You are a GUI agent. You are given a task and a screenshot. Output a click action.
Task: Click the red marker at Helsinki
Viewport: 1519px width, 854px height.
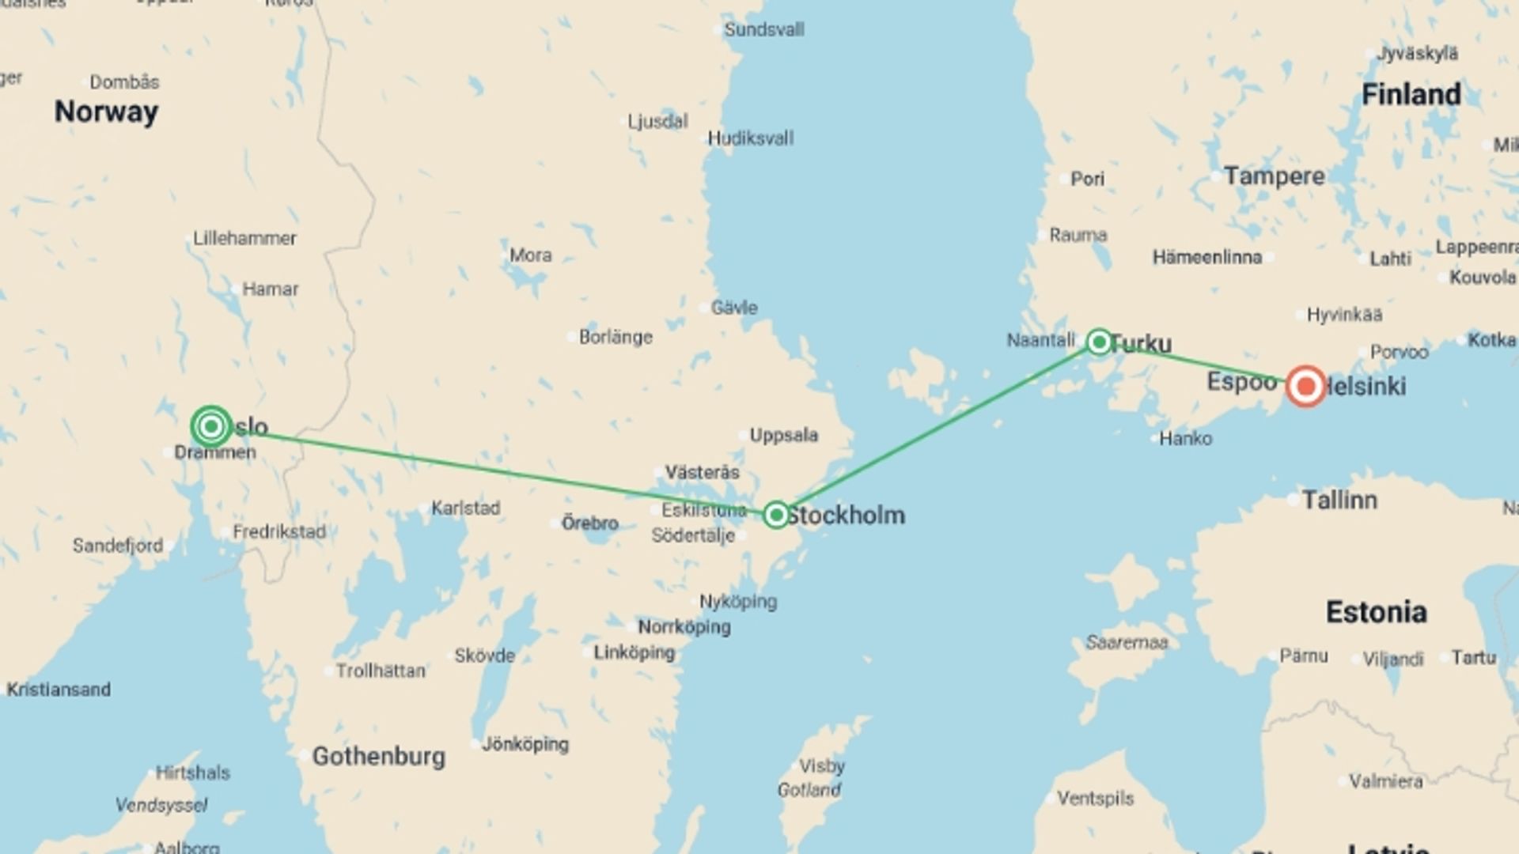[x=1305, y=387]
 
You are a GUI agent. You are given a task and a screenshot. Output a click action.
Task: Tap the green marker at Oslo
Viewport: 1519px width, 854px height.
[x=211, y=427]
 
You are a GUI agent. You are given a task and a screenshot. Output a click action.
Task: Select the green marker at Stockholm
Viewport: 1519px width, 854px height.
[x=776, y=516]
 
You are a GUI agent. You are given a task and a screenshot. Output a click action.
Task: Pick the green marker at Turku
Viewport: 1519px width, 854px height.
[x=1099, y=342]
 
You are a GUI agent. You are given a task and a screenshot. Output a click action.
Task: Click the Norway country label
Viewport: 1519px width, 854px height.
[x=106, y=111]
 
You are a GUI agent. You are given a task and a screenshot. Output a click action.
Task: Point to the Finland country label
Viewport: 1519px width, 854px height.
[x=1411, y=95]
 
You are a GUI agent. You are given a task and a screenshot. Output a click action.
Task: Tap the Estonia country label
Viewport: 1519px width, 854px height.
[x=1376, y=612]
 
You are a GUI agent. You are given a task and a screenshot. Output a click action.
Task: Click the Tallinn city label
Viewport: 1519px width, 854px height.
[x=1339, y=500]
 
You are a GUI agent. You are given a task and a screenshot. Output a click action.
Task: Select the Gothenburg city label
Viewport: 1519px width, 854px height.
[x=378, y=757]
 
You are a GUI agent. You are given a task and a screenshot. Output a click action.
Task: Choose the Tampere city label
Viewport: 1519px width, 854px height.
[x=1274, y=176]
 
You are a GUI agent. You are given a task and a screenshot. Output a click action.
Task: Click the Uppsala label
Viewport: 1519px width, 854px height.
[x=783, y=435]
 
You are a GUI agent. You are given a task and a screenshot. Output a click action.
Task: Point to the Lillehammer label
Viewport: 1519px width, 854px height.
[x=244, y=238]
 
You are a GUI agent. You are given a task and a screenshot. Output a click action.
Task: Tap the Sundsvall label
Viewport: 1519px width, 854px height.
[x=763, y=30]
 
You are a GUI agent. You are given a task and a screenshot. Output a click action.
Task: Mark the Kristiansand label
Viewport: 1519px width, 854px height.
[x=59, y=690]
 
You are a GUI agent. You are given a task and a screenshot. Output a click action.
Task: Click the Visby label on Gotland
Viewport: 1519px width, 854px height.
[x=821, y=766]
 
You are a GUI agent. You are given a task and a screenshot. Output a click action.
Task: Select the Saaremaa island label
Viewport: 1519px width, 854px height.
[x=1127, y=643]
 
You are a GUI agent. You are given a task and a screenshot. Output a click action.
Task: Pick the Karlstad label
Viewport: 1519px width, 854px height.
[x=465, y=508]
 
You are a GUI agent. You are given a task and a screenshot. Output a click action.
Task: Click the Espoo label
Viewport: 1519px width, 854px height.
[x=1241, y=382]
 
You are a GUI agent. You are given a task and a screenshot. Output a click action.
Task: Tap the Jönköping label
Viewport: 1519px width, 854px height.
[x=525, y=744]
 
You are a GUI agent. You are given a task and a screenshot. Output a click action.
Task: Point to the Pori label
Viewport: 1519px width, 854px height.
[x=1087, y=179]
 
